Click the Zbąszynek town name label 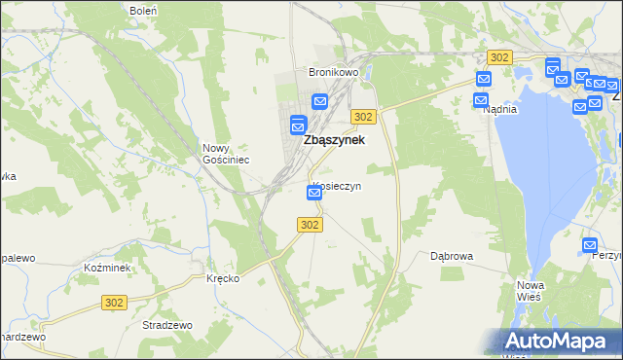334,140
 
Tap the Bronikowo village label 334,73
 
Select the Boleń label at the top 143,10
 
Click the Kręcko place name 223,278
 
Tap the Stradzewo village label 166,325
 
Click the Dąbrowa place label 452,257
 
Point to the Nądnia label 499,110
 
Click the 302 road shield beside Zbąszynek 363,117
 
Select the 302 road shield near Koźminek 114,304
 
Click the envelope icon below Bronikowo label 320,101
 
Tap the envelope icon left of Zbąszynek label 298,125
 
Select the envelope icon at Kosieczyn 314,193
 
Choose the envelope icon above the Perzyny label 589,245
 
